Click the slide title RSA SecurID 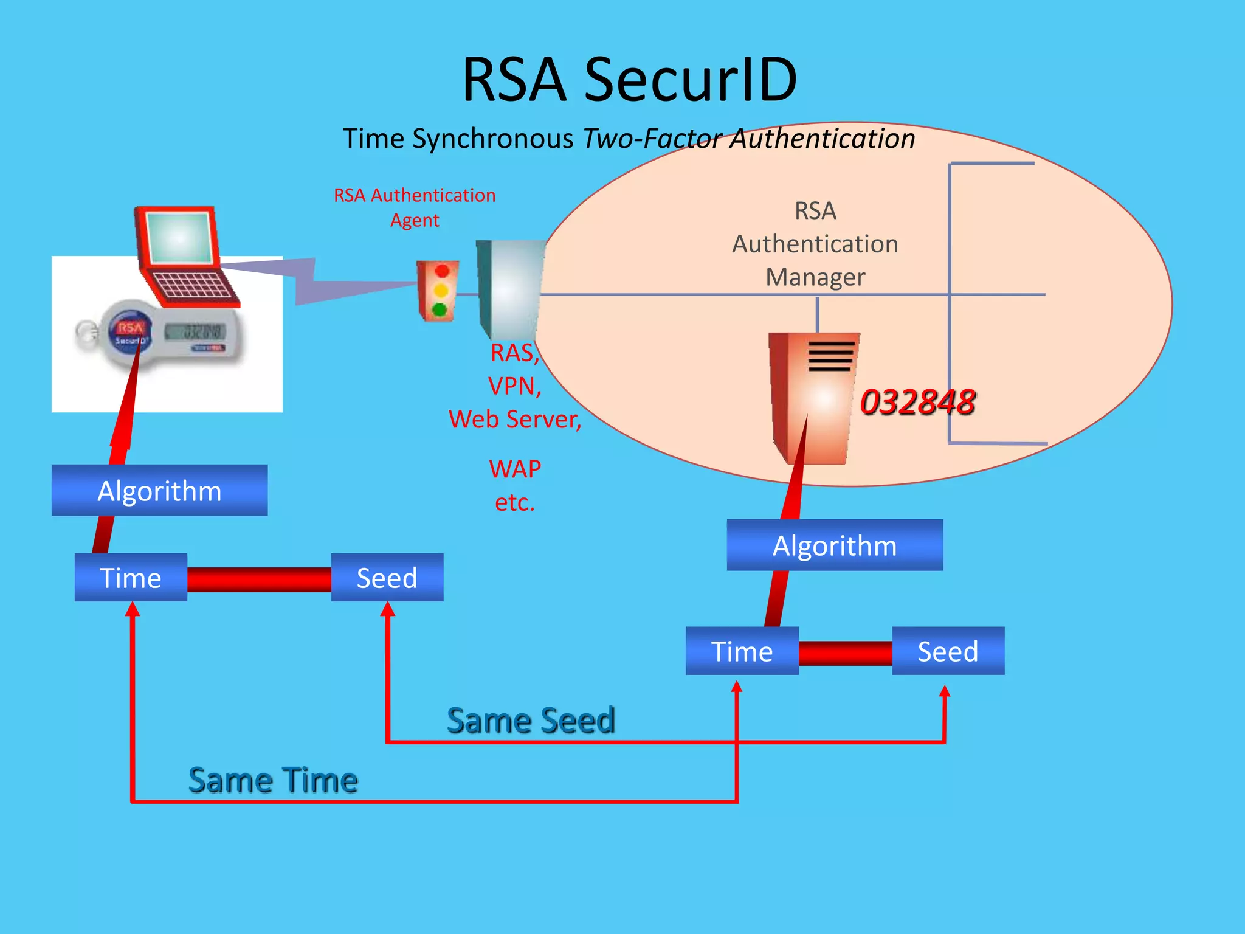[629, 80]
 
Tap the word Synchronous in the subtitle [492, 139]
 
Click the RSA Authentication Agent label [415, 207]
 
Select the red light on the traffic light [442, 271]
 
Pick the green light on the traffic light [440, 311]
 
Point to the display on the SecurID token [195, 331]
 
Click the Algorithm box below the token [159, 491]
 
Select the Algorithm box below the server [834, 545]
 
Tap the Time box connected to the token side [131, 578]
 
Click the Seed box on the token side [387, 578]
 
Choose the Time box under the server [742, 651]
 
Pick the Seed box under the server [947, 651]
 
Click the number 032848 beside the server [917, 403]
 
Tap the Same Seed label [531, 721]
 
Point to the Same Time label [273, 780]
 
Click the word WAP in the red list [514, 469]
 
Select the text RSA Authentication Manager [815, 244]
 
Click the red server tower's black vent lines [830, 356]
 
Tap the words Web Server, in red [514, 419]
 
